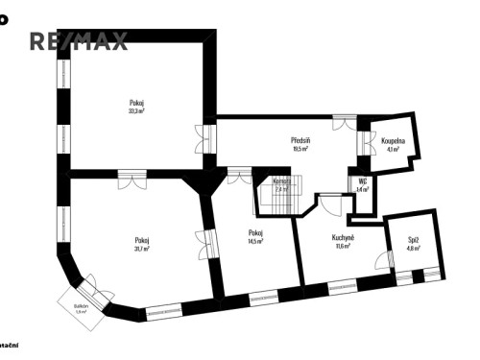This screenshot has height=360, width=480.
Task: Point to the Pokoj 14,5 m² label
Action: click(255, 236)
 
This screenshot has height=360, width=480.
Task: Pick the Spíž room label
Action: click(413, 244)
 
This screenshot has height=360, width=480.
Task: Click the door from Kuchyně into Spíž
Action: click(388, 259)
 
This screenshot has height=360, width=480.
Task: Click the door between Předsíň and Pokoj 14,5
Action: click(237, 176)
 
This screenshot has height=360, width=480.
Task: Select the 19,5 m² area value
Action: click(300, 150)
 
